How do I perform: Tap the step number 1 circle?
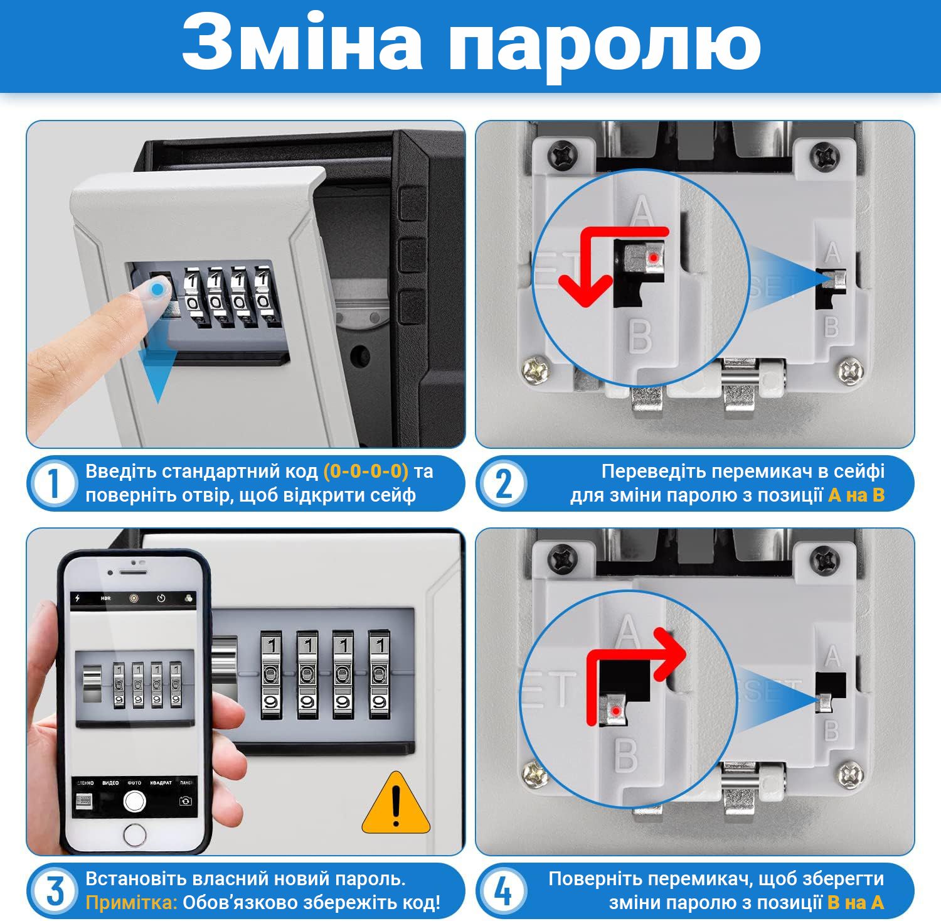[x=54, y=483]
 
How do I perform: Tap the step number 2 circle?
[x=504, y=483]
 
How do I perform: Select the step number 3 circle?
[x=54, y=891]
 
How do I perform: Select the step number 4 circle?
[x=504, y=891]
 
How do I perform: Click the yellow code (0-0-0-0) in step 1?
[x=366, y=471]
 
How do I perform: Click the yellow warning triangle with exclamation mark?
[x=396, y=803]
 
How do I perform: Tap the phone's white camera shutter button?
[x=134, y=800]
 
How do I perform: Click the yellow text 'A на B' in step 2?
[x=856, y=495]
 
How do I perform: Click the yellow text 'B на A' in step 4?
[x=856, y=903]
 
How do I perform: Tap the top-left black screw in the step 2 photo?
[x=562, y=154]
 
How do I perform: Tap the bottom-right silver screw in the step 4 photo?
[x=852, y=776]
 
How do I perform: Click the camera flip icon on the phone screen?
[x=185, y=801]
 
